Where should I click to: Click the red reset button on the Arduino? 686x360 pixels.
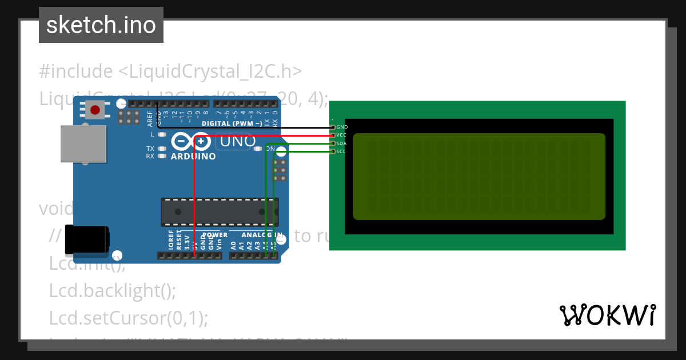pos(95,109)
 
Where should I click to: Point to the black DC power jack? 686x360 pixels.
pos(86,239)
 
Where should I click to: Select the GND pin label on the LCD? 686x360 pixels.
pos(342,127)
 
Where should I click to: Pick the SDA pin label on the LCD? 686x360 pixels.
pos(341,143)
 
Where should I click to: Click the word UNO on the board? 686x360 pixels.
pos(234,141)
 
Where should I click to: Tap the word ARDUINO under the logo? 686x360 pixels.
pos(193,156)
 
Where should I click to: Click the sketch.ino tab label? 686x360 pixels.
pos(101,25)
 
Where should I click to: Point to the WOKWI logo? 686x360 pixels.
pos(607,315)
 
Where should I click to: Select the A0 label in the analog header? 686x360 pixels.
pos(233,245)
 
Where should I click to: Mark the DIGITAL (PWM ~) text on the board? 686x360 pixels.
pos(232,123)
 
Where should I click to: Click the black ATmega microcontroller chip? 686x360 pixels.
pos(220,211)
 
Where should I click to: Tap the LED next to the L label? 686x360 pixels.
pos(162,135)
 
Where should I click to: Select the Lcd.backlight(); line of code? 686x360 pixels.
pos(113,291)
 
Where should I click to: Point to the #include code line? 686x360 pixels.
pos(170,71)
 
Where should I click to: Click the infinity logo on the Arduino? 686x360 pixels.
pos(191,141)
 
